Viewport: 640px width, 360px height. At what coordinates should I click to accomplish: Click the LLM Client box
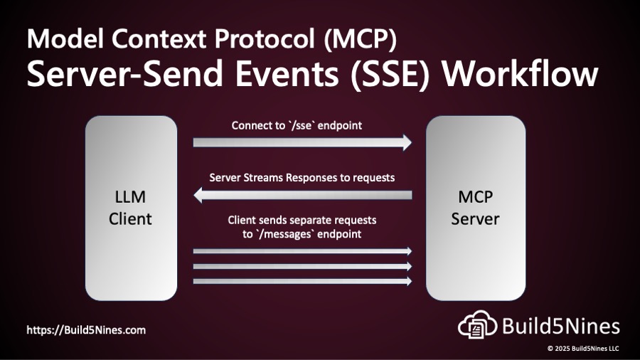click(x=131, y=208)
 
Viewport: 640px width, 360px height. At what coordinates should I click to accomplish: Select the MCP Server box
click(x=475, y=208)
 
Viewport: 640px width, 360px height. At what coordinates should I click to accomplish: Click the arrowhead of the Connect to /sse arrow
click(x=405, y=142)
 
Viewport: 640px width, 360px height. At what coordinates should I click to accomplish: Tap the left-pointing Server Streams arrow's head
click(x=200, y=195)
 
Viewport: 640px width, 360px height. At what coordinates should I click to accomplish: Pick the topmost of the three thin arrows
click(x=302, y=251)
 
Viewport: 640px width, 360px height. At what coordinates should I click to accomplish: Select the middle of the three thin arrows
click(x=302, y=266)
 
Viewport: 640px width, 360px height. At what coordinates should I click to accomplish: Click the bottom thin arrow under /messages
click(x=302, y=281)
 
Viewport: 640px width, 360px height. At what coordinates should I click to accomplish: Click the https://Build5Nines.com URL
click(x=86, y=330)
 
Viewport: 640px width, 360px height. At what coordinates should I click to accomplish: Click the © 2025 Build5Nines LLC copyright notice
click(x=582, y=349)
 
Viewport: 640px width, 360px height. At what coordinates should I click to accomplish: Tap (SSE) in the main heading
click(x=397, y=75)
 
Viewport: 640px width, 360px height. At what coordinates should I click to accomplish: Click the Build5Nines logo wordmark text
click(x=561, y=327)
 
